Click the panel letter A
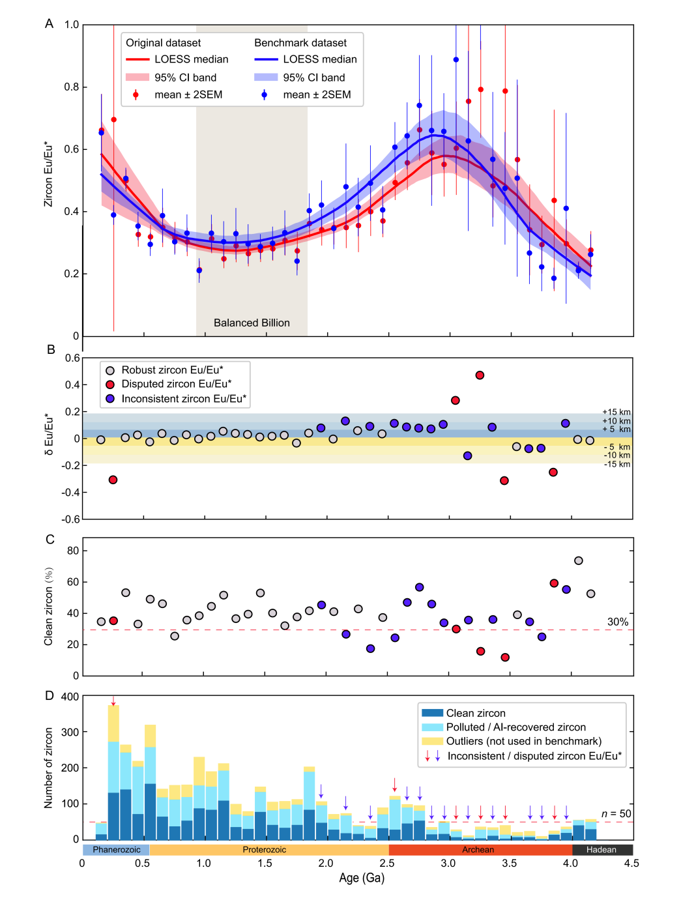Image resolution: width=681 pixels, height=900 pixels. (49, 24)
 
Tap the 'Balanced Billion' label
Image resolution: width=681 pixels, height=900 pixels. (252, 323)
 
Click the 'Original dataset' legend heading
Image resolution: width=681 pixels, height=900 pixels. (163, 43)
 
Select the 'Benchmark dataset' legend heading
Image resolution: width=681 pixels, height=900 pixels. (300, 43)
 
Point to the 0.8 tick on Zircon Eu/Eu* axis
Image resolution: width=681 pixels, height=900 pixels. (72, 87)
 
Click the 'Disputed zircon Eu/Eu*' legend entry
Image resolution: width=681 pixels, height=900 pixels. (176, 384)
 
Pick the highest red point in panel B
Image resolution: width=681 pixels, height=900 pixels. (480, 375)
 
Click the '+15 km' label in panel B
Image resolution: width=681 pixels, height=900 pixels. (616, 412)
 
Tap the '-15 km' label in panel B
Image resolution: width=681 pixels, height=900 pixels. (616, 464)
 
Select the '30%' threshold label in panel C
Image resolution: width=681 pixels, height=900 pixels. (618, 622)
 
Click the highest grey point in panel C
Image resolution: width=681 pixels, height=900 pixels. (579, 560)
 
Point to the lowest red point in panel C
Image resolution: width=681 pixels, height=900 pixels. (505, 658)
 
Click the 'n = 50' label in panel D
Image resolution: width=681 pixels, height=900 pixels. (616, 813)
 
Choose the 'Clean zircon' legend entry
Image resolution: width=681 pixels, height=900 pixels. (476, 713)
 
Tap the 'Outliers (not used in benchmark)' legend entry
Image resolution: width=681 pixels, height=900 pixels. (523, 741)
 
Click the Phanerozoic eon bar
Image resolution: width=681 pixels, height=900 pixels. (116, 850)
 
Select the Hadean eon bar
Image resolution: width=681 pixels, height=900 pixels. (601, 850)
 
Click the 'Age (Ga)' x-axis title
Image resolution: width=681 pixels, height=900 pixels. (362, 878)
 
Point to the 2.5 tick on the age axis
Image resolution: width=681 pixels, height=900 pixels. (387, 863)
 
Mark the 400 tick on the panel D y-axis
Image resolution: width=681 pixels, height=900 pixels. (70, 697)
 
